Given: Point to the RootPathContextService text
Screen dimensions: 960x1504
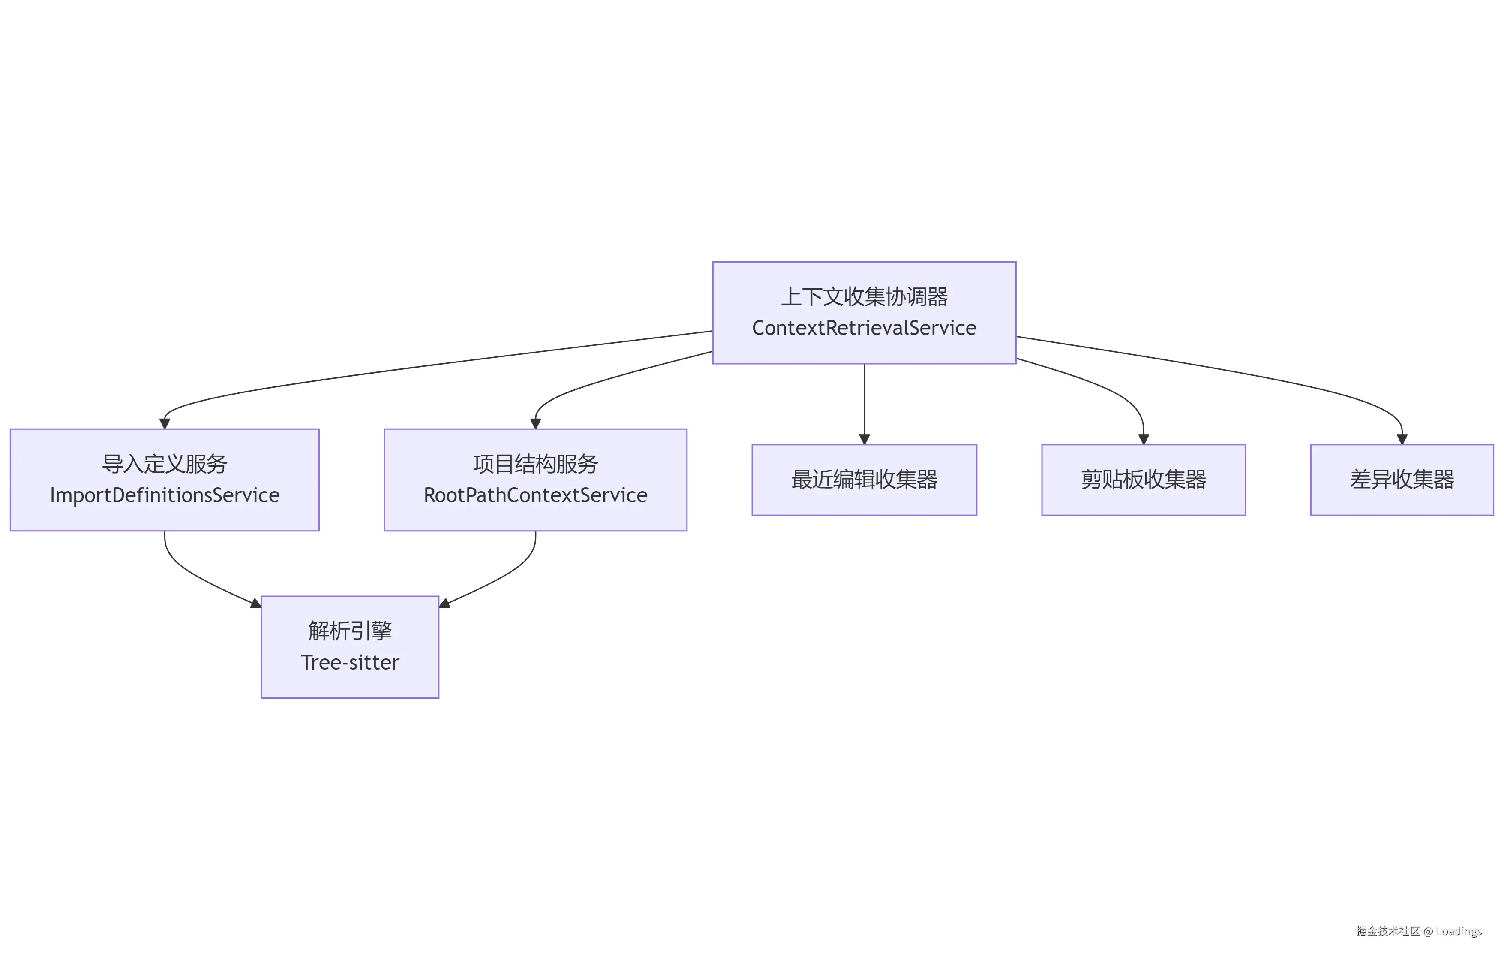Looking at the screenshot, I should (x=535, y=495).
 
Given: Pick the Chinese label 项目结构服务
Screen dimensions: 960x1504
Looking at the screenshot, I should (x=535, y=464).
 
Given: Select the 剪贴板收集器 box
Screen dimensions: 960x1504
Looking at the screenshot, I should (x=1143, y=480).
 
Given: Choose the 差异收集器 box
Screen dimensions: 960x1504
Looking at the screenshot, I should (x=1402, y=480).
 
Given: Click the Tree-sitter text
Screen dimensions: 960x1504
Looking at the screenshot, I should (x=350, y=662).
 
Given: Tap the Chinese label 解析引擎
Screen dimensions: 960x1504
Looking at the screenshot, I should (x=350, y=631).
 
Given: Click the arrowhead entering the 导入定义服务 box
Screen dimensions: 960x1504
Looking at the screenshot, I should (x=165, y=424).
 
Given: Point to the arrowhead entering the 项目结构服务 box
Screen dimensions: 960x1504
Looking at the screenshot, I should (x=535, y=424).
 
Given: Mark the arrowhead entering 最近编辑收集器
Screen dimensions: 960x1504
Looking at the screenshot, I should (x=865, y=439).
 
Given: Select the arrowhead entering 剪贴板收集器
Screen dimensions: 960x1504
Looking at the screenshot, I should (x=1144, y=439).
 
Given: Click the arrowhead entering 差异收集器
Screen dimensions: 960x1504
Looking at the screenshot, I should (x=1402, y=439).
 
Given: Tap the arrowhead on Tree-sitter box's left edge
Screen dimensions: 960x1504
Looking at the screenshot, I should (x=255, y=604).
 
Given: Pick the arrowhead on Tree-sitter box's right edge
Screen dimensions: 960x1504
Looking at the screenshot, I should (x=445, y=604).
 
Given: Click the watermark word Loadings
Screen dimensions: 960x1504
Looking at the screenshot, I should (x=1459, y=931).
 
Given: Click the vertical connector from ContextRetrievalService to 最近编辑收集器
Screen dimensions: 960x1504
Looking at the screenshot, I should (x=865, y=400).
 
